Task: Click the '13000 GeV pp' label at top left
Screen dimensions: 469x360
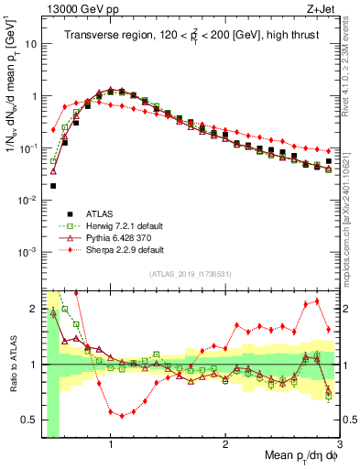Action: coord(78,8)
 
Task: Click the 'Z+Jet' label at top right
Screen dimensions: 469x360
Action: coord(323,8)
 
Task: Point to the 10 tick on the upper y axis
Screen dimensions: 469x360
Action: coord(31,43)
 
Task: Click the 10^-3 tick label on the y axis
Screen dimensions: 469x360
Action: coord(28,251)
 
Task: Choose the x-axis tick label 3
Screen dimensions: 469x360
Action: coord(339,444)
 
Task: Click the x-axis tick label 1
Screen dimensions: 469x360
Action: coord(110,444)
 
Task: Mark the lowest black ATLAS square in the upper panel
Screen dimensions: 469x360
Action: coord(53,186)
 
